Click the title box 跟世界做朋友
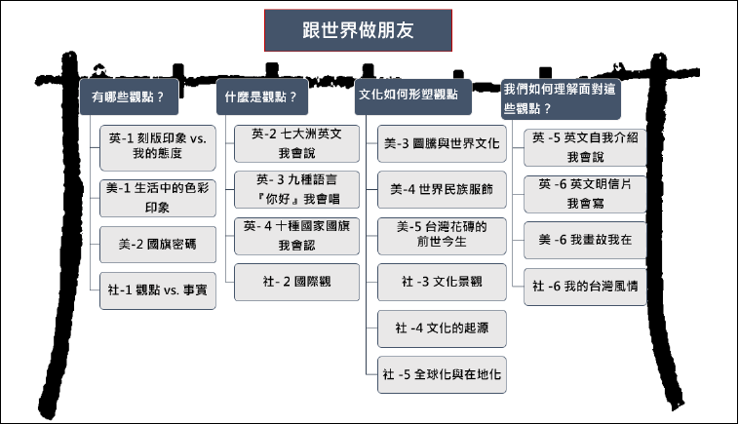(x=358, y=30)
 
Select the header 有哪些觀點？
(x=129, y=96)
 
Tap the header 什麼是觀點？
(x=262, y=96)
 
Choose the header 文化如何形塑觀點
(x=412, y=96)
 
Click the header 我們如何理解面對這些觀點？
(x=561, y=99)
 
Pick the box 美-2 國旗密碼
(x=158, y=244)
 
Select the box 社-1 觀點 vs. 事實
(x=158, y=290)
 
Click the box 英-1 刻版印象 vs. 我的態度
(x=158, y=147)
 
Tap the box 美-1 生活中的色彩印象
(x=158, y=198)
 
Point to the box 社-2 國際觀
(x=297, y=282)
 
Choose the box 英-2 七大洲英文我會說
(x=297, y=143)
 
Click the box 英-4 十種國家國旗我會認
(x=297, y=236)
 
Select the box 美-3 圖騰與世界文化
(x=442, y=143)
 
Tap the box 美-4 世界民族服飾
(x=442, y=189)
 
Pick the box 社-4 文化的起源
(x=442, y=328)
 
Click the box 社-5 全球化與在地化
(x=442, y=374)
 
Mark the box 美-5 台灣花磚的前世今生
(x=442, y=236)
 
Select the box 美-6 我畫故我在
(x=585, y=240)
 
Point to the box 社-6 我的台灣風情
(x=585, y=287)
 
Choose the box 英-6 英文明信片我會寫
(x=585, y=194)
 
